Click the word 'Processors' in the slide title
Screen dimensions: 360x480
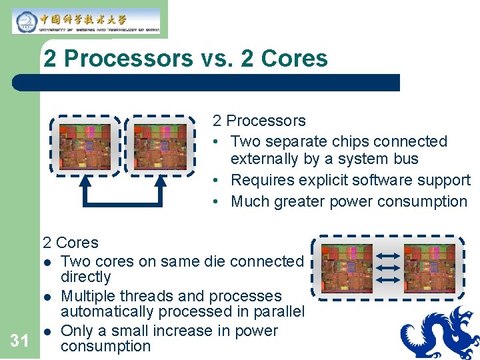128,59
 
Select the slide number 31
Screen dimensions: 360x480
20,341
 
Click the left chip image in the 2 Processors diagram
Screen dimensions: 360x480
84,146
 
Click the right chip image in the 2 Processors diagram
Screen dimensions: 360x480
160,146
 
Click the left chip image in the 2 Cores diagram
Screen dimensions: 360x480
347,269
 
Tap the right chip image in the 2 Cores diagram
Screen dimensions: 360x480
429,269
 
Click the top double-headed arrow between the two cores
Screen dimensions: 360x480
388,255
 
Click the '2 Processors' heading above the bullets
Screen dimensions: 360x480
259,121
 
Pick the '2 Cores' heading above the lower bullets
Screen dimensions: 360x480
70,243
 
